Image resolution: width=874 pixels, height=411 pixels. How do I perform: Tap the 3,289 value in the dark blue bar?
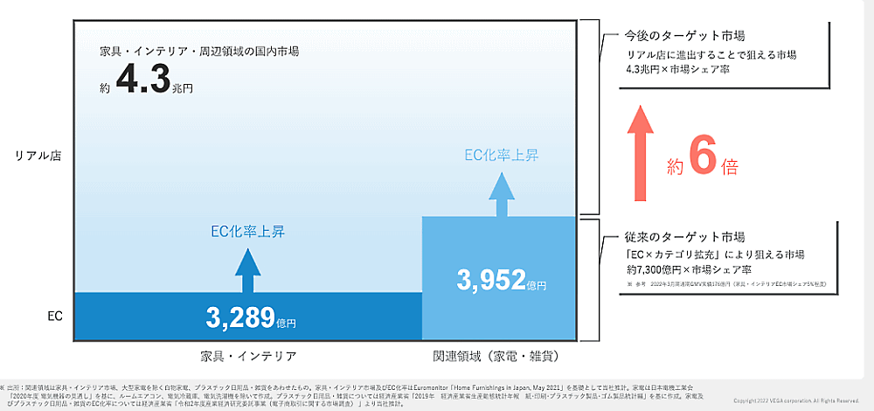(240, 317)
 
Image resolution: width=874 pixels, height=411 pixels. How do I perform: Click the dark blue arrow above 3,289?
(248, 269)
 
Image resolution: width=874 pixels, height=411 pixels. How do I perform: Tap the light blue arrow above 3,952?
(501, 194)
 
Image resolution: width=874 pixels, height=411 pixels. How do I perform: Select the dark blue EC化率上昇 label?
(248, 232)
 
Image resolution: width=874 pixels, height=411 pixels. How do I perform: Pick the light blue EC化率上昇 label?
(501, 156)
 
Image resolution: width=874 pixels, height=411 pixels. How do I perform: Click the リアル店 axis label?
(38, 156)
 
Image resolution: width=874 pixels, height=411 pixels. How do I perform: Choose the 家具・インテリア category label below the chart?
(248, 356)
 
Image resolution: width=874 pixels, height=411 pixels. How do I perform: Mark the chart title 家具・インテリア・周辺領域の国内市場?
(199, 52)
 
